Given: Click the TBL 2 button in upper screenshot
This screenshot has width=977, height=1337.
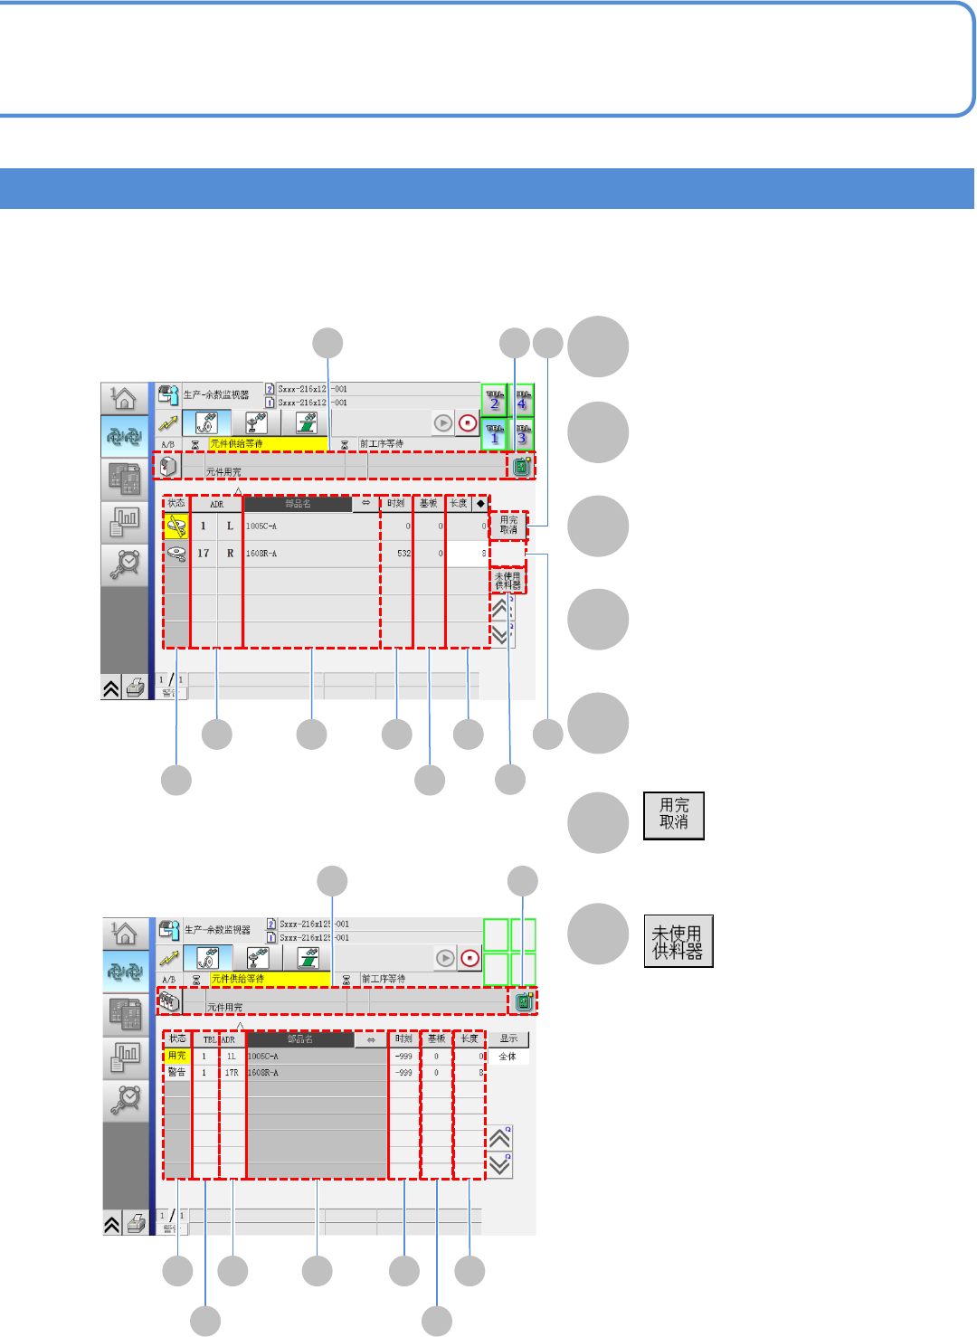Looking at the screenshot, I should (x=494, y=400).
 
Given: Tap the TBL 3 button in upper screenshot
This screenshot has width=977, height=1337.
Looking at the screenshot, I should (x=523, y=434).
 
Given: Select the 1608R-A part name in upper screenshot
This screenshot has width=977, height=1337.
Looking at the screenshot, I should (x=262, y=554).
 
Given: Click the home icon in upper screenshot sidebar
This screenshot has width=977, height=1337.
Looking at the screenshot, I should (x=124, y=398).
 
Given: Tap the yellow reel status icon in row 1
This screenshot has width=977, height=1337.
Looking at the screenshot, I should (x=176, y=526).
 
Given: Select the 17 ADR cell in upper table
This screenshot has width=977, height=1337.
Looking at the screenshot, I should (x=204, y=554).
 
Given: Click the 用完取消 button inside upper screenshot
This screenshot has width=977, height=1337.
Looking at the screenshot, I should (x=508, y=526).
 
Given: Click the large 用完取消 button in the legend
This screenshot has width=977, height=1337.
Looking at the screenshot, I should (x=674, y=815).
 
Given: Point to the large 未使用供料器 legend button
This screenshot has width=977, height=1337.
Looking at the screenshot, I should (x=678, y=941).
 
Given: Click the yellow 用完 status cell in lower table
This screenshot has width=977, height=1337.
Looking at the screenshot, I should (x=177, y=1056).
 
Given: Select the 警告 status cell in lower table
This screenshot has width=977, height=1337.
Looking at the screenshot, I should (x=177, y=1073).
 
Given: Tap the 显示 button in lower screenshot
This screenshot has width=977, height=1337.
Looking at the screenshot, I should (x=509, y=1038).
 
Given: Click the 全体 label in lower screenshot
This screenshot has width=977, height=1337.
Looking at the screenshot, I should (x=507, y=1057).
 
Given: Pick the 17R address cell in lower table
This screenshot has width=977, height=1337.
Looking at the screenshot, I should (x=232, y=1073).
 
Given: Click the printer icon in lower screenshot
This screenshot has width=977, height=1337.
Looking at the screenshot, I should (x=136, y=1224).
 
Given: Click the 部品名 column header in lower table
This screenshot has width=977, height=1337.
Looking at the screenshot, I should (x=300, y=1039).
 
